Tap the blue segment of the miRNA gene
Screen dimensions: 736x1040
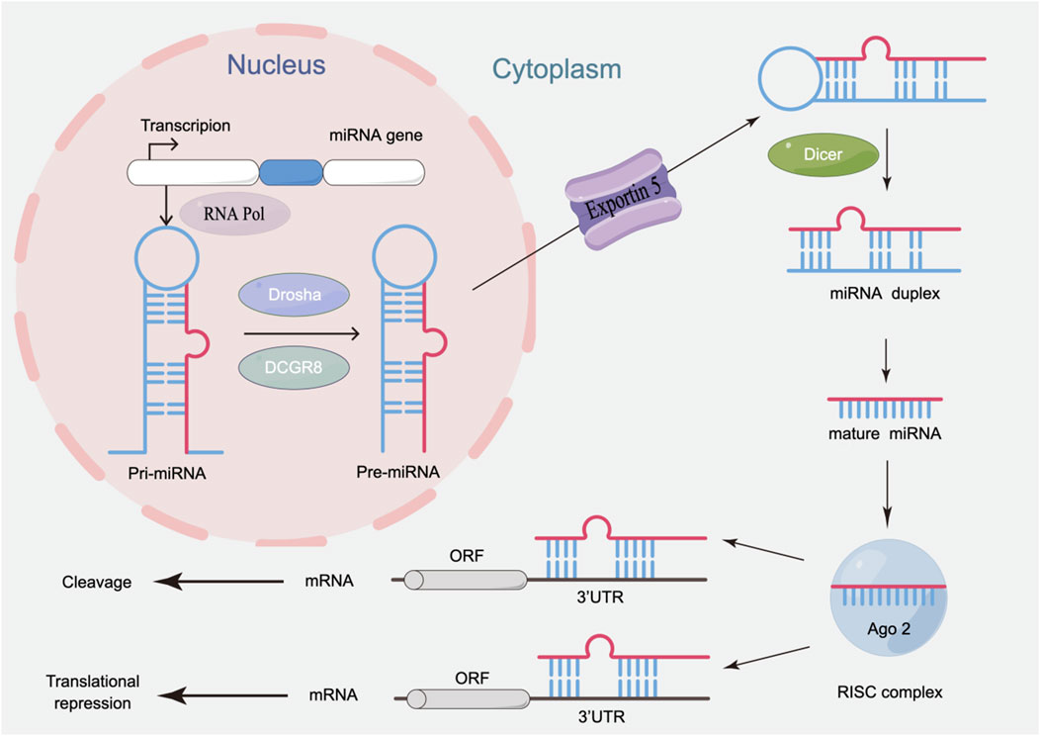click(291, 174)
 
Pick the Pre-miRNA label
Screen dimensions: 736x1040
click(398, 473)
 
